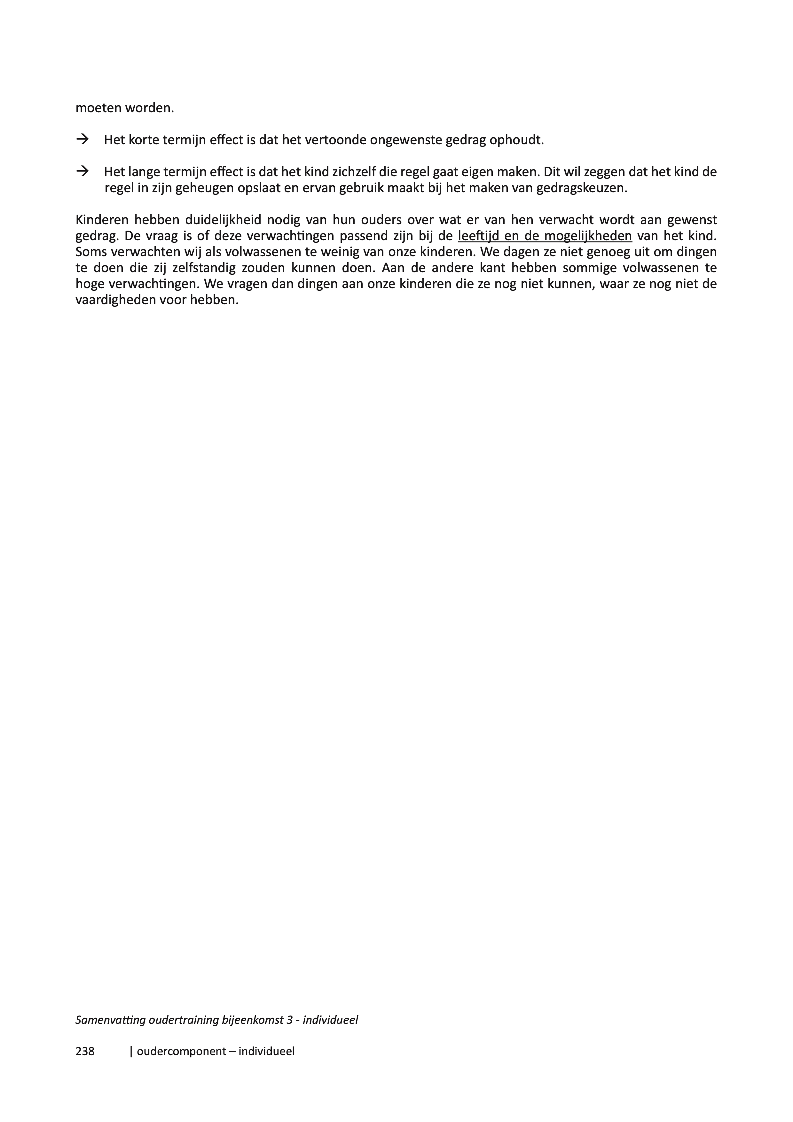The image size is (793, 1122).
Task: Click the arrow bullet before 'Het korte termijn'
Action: (x=82, y=140)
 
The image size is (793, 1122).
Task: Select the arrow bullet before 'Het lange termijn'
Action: (x=82, y=171)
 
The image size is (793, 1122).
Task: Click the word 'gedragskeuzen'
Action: (x=581, y=188)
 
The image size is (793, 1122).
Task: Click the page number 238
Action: (x=85, y=1051)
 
